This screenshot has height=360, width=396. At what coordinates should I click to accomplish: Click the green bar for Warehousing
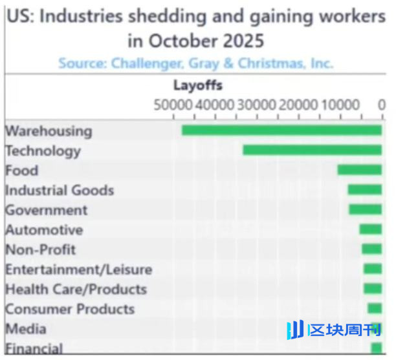281,131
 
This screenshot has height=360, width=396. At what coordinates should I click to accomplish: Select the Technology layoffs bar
312,151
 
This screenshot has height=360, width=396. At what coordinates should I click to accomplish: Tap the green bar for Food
359,170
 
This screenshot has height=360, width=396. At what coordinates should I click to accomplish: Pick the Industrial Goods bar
364,190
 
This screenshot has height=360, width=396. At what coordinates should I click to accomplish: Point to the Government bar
365,210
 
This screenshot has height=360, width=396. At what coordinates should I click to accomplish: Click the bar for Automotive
370,229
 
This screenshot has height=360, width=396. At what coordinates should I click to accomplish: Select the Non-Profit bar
371,249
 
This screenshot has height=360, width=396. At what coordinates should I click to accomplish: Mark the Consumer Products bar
375,308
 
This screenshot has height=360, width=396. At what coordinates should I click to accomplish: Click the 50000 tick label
173,105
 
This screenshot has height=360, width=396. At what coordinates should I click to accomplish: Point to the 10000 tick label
340,105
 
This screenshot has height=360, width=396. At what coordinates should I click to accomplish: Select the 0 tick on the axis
382,105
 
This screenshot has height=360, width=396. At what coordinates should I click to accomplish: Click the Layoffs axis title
197,85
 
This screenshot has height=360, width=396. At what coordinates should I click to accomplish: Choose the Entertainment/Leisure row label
78,270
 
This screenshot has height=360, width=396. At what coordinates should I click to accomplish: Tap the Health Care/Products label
76,289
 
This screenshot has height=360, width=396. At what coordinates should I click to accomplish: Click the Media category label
25,329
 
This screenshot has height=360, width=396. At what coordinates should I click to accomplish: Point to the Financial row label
34,349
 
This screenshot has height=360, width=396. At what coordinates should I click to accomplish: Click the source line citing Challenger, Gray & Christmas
195,63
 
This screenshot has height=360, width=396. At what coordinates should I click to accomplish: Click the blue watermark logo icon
294,330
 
